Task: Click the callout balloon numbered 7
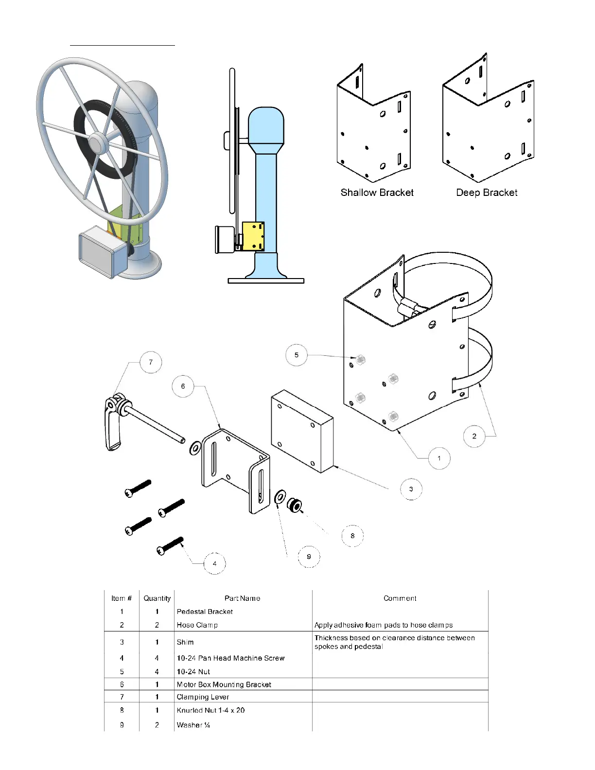pyautogui.click(x=151, y=362)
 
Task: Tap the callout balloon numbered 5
pyautogui.click(x=297, y=355)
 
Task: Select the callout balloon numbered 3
pyautogui.click(x=411, y=489)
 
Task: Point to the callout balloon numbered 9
pyautogui.click(x=309, y=557)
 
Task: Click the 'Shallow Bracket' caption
pyautogui.click(x=377, y=192)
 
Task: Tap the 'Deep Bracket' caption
pyautogui.click(x=487, y=192)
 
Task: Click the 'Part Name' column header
pyautogui.click(x=242, y=598)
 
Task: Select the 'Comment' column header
pyautogui.click(x=400, y=598)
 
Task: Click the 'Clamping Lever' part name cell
pyautogui.click(x=203, y=697)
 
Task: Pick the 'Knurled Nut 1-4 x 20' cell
pyautogui.click(x=210, y=710)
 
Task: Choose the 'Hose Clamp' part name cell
pyautogui.click(x=197, y=625)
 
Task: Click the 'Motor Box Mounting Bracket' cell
pyautogui.click(x=224, y=684)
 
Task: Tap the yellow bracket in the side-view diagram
pyautogui.click(x=253, y=236)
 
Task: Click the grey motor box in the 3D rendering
pyautogui.click(x=100, y=253)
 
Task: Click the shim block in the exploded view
pyautogui.click(x=301, y=430)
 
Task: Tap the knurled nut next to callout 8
pyautogui.click(x=295, y=506)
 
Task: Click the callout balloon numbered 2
pyautogui.click(x=474, y=436)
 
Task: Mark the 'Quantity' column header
pyautogui.click(x=157, y=598)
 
